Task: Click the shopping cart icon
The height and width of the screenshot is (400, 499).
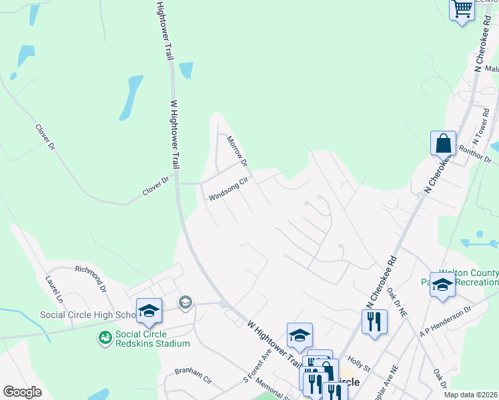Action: pos(462,9)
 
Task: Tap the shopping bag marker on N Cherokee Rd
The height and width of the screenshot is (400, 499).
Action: pos(443,143)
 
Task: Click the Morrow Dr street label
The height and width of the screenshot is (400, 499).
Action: pos(237,152)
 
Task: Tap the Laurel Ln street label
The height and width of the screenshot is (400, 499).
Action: pos(53,288)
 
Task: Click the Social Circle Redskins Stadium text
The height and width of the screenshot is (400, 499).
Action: pos(152,339)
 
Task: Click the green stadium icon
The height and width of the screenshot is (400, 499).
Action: pos(105,339)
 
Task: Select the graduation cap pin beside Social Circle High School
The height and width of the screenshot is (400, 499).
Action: pos(149,310)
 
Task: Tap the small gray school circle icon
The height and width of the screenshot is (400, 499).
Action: pos(185,303)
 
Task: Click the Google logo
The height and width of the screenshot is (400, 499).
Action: pos(22,391)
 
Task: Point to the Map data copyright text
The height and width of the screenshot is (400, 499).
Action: pos(471,395)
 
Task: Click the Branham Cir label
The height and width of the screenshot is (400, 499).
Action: pos(193,375)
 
